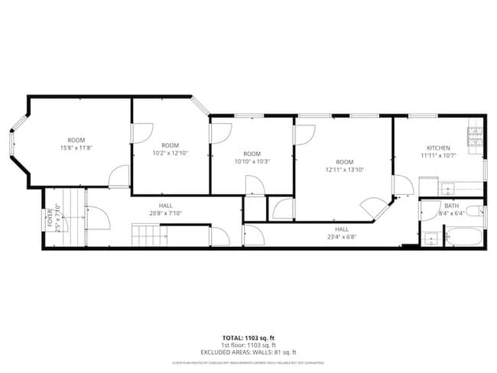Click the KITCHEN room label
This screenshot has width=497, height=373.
coord(438,148)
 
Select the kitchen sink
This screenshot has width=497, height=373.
coord(447,188)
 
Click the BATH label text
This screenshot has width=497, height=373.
coord(451,206)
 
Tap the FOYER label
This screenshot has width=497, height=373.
coord(50,219)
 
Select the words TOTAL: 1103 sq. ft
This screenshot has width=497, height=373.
coord(248,337)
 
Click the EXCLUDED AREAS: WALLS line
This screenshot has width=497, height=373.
coord(248,352)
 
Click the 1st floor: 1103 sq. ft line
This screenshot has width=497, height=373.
coord(248,345)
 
